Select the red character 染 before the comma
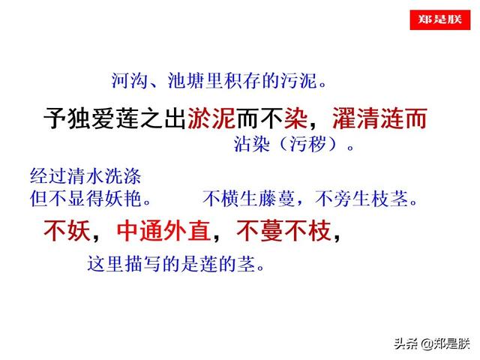(x=293, y=118)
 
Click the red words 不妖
(x=66, y=231)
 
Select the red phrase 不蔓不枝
(x=283, y=231)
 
